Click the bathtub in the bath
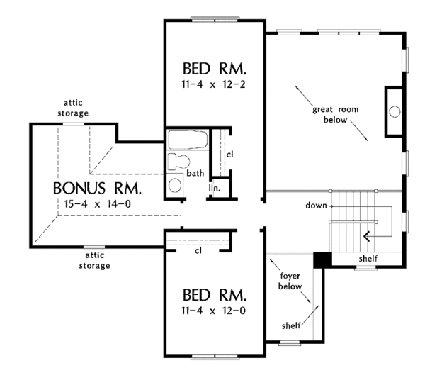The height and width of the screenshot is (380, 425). [188, 140]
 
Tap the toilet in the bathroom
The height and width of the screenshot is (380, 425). [178, 162]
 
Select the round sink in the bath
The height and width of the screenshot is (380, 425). [175, 185]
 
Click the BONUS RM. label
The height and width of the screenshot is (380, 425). [97, 189]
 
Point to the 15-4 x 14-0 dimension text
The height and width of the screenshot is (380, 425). [98, 204]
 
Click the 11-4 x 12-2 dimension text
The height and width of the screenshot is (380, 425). [213, 84]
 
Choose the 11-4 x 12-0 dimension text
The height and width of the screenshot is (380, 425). [213, 311]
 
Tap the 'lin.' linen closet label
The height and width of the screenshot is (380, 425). [215, 188]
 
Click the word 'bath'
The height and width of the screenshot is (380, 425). [195, 173]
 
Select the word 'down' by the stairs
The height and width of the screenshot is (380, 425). [316, 206]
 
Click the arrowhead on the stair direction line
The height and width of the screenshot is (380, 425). [366, 237]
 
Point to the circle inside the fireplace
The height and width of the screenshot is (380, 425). [395, 111]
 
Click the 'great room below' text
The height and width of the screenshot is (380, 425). [336, 114]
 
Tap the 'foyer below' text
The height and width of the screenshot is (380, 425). [290, 281]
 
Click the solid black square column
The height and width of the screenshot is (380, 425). [322, 260]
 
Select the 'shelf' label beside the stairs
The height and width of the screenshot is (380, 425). [368, 259]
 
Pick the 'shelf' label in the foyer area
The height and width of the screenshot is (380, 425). [291, 325]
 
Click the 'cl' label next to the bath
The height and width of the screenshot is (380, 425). [229, 155]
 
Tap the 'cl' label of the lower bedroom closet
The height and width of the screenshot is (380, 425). [198, 251]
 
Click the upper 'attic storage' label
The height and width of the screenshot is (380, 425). [73, 108]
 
